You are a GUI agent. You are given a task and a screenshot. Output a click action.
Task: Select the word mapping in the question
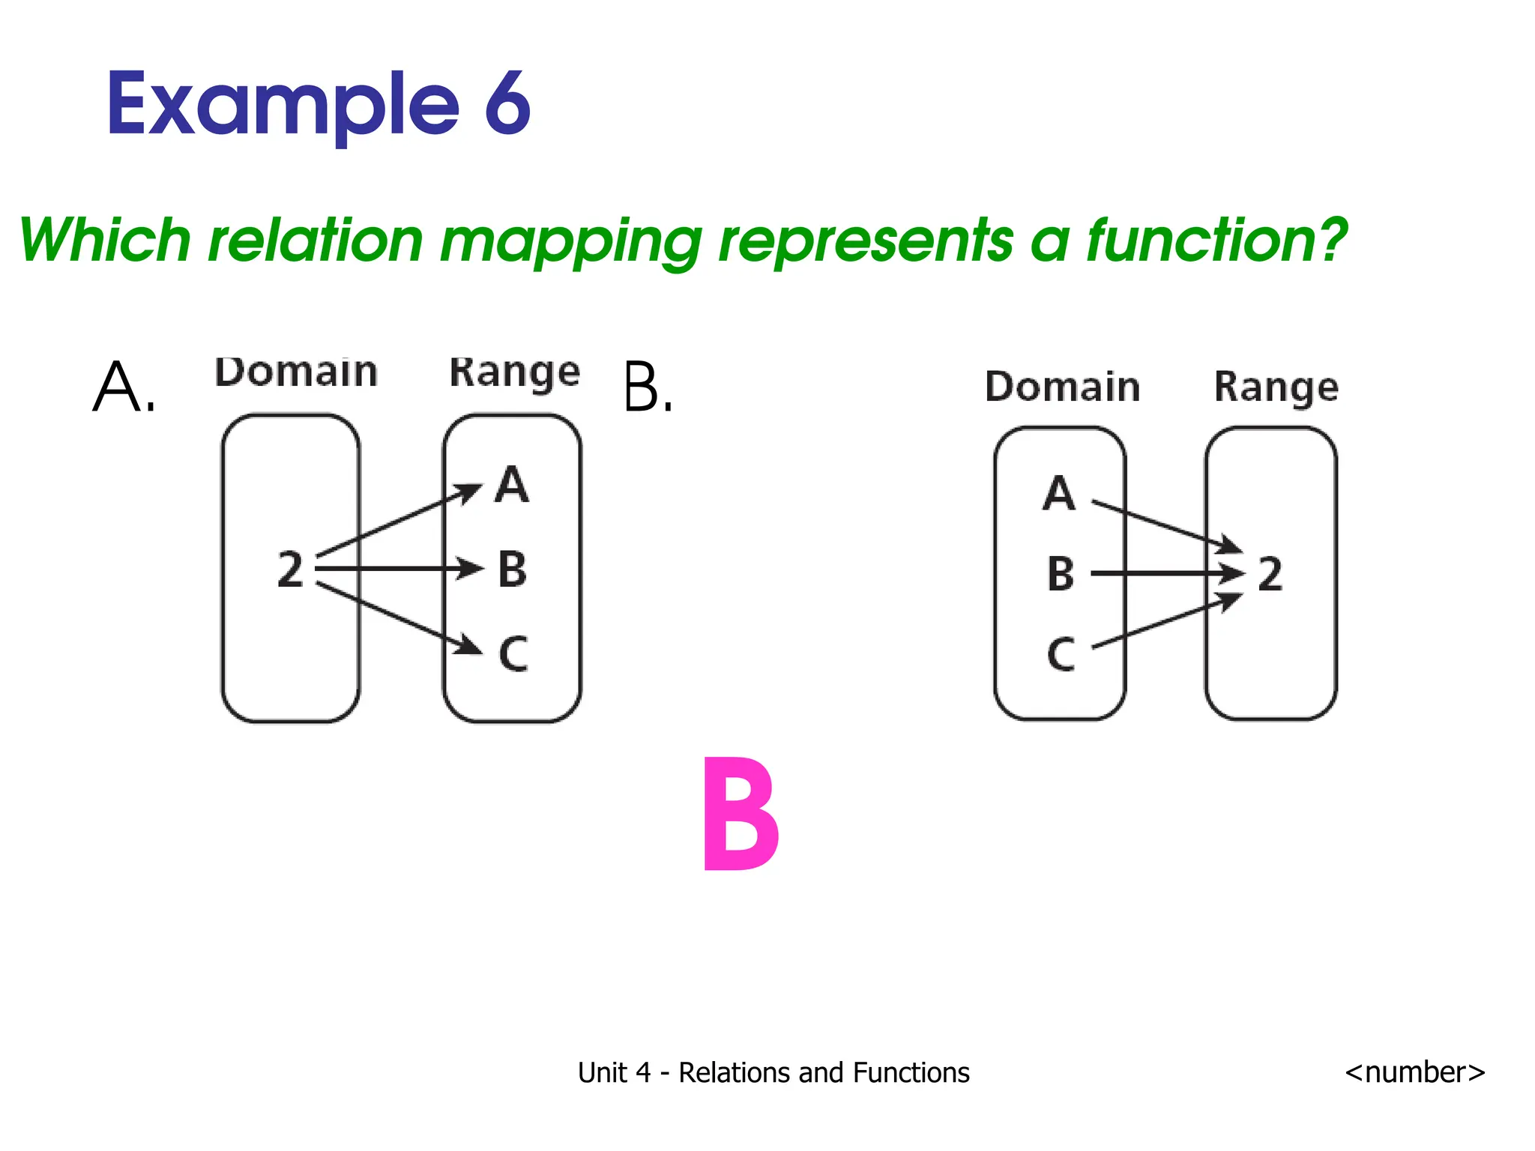click(x=570, y=241)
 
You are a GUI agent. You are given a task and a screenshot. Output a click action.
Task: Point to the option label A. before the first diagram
click(x=123, y=387)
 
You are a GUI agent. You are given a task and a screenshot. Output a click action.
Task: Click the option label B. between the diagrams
click(x=648, y=387)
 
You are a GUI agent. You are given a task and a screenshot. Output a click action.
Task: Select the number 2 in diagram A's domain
click(x=291, y=570)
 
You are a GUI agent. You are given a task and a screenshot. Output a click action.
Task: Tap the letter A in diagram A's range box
click(x=512, y=485)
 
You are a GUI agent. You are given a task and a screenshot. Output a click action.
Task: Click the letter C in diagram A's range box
click(x=513, y=653)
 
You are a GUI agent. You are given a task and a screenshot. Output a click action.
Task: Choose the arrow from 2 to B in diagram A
click(x=397, y=569)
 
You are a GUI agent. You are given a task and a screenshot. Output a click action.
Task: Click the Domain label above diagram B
click(x=1062, y=387)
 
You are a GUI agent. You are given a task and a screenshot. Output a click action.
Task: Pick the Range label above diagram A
click(x=514, y=372)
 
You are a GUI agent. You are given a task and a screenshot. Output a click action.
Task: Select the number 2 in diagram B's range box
click(x=1270, y=575)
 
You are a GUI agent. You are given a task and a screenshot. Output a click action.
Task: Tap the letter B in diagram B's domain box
click(x=1061, y=574)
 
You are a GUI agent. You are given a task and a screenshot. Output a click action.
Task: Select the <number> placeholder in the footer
click(x=1414, y=1072)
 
